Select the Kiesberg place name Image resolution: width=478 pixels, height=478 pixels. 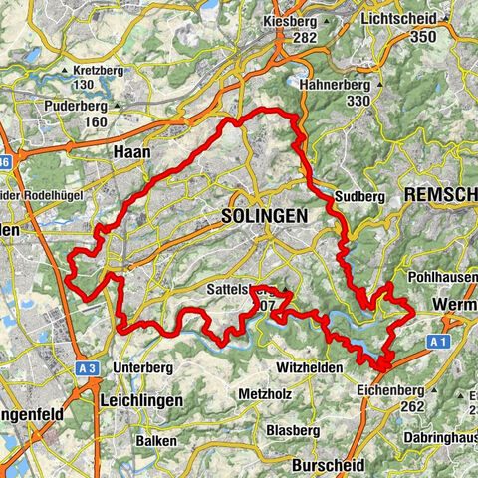point(292,20)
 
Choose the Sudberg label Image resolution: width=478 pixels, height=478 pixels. point(359,197)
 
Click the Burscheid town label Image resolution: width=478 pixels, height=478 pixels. point(324,465)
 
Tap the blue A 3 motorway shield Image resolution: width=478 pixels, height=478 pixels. point(86,367)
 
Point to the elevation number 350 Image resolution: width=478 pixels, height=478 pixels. point(426,36)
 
